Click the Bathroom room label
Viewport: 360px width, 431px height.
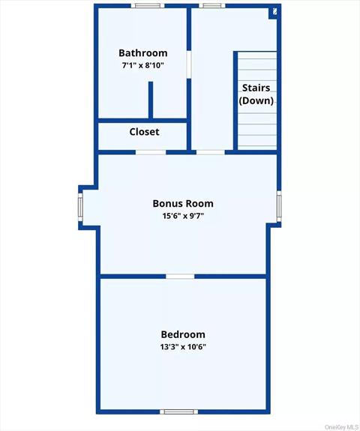point(142,53)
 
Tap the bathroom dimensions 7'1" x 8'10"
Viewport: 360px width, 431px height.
point(142,66)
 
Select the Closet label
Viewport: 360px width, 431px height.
point(144,132)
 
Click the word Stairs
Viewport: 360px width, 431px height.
point(256,88)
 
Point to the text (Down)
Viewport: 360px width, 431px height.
point(256,100)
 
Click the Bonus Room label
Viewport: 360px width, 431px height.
point(183,203)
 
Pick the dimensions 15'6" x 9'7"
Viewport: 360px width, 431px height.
point(183,217)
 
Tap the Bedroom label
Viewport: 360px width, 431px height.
point(183,334)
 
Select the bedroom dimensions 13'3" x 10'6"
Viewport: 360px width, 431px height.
point(183,347)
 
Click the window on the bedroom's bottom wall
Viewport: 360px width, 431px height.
point(179,411)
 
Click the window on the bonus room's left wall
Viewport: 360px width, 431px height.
point(81,206)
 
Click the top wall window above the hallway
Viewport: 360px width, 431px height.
point(211,6)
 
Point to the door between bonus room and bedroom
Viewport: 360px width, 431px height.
point(180,277)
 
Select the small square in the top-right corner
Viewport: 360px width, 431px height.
point(275,11)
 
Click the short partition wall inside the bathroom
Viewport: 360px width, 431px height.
point(151,100)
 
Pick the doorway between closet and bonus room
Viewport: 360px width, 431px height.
point(151,152)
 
